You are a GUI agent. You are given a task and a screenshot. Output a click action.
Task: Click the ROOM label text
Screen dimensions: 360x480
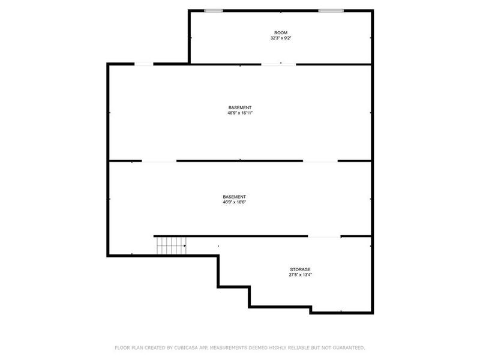(281, 32)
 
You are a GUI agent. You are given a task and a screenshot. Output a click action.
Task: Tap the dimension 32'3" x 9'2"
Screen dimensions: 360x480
(281, 38)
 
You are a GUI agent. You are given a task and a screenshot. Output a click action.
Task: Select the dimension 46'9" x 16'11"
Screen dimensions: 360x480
(240, 112)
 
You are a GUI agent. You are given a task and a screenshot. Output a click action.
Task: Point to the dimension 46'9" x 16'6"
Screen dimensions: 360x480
(234, 202)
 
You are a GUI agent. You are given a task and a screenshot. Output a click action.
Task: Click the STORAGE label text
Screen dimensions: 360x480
(300, 269)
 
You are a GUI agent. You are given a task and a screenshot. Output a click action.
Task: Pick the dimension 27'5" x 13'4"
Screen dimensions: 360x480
(300, 275)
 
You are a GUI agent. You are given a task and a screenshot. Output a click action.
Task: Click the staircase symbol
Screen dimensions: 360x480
(171, 245)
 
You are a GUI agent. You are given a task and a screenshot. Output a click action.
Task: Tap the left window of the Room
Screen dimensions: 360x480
(213, 11)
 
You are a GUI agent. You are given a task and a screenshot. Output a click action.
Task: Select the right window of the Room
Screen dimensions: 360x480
(331, 11)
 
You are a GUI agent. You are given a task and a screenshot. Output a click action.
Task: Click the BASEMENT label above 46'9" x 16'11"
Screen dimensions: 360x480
(240, 107)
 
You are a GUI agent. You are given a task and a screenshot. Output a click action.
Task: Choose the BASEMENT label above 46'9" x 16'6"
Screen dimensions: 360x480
(234, 197)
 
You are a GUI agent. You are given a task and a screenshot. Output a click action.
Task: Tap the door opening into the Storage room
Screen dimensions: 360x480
(325, 236)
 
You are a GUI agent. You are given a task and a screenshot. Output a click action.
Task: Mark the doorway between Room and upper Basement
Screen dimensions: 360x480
(278, 64)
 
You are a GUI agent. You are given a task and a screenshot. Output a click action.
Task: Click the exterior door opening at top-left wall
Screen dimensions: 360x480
(143, 64)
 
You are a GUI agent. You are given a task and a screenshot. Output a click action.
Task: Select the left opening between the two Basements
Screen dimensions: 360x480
(159, 161)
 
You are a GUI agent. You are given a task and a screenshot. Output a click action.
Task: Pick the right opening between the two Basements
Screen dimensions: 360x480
(320, 161)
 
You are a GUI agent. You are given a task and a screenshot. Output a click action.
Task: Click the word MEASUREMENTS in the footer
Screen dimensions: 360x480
(230, 347)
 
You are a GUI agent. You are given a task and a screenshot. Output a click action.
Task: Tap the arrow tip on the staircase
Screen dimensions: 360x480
(185, 245)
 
